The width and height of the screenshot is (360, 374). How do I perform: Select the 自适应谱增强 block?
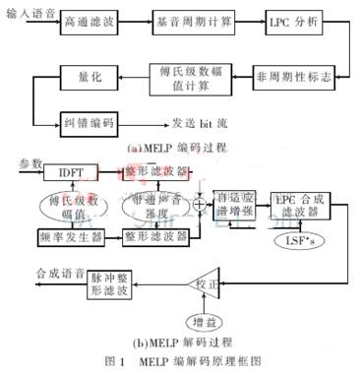pos(237,204)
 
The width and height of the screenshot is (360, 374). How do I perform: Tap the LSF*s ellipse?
pos(293,238)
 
